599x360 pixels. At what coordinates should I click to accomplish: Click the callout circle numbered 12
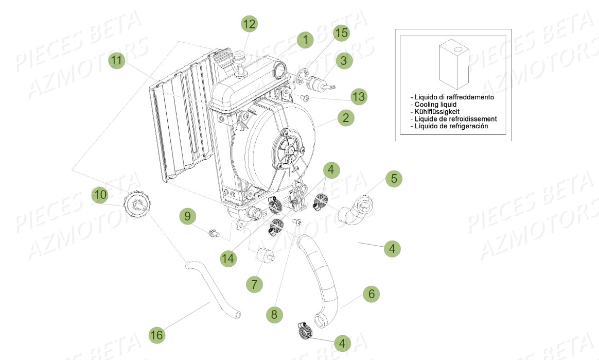[249, 24]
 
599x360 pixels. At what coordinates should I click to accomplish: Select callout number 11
[117, 60]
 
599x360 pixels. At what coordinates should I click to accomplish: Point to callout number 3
[344, 60]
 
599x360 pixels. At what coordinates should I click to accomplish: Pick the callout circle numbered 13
[359, 96]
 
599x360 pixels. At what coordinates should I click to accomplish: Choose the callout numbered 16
[157, 335]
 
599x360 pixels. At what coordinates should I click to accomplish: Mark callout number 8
[274, 314]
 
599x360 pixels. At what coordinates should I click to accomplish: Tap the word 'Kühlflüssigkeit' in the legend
[435, 112]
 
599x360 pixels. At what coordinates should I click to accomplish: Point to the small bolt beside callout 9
[213, 234]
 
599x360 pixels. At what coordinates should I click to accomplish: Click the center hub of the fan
[288, 150]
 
